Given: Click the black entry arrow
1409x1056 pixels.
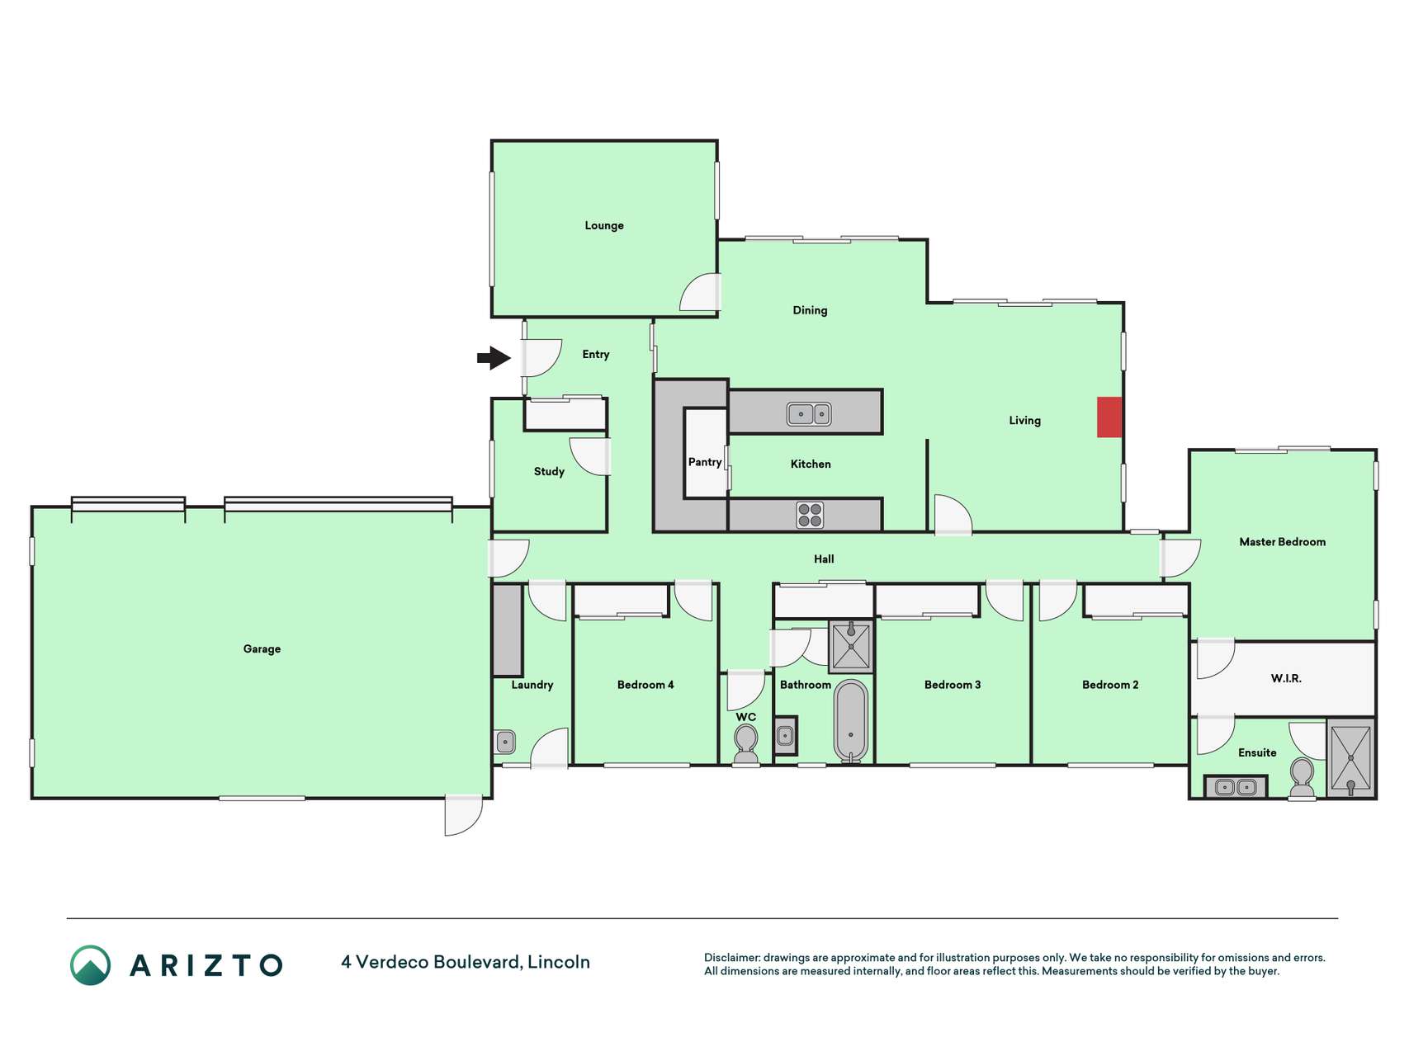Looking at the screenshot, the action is (494, 358).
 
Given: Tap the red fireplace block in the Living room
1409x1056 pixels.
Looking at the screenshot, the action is (1109, 417).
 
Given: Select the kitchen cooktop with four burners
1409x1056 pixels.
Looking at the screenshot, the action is (810, 515).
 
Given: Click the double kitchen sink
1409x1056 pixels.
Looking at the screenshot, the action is (809, 413).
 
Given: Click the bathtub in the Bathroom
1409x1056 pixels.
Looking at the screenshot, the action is (851, 720).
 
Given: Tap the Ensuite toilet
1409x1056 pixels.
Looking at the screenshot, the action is (1302, 778).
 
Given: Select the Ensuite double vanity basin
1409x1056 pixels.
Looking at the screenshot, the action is (1236, 787).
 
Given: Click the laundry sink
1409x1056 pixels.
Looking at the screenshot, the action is (505, 742).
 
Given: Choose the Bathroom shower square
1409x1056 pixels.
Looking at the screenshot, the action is (851, 645).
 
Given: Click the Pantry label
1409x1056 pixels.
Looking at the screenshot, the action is (705, 462).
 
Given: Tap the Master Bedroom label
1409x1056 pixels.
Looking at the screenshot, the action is (1282, 542).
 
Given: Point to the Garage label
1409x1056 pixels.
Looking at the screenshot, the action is (262, 649).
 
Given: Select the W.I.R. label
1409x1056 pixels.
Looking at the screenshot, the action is (1286, 678).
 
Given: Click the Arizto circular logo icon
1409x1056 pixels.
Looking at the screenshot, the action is (90, 965).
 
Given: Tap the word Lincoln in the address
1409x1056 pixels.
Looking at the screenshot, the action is (559, 962).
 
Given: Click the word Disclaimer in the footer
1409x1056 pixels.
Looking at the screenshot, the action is (731, 958).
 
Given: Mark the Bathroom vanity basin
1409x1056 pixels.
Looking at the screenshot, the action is (785, 735).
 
